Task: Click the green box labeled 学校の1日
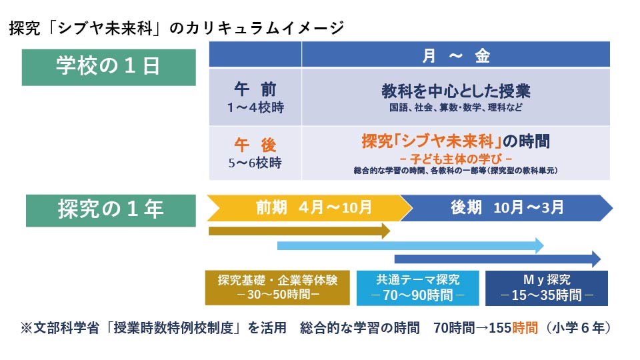point(109,67)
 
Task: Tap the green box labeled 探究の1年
point(111,210)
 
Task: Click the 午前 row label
point(255,89)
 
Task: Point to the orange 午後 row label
point(255,145)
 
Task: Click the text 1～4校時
point(255,107)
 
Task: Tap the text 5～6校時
point(255,163)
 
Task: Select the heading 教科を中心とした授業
point(456,91)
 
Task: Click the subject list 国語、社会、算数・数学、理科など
point(455,107)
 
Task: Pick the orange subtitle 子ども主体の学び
point(455,159)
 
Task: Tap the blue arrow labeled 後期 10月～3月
point(507,208)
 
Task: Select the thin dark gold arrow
point(299,231)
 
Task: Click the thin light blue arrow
point(411,245)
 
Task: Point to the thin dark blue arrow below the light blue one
point(497,259)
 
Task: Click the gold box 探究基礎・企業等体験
point(277,288)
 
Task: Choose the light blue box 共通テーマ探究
point(417,288)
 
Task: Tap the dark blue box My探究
point(547,288)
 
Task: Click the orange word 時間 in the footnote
point(525,327)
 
